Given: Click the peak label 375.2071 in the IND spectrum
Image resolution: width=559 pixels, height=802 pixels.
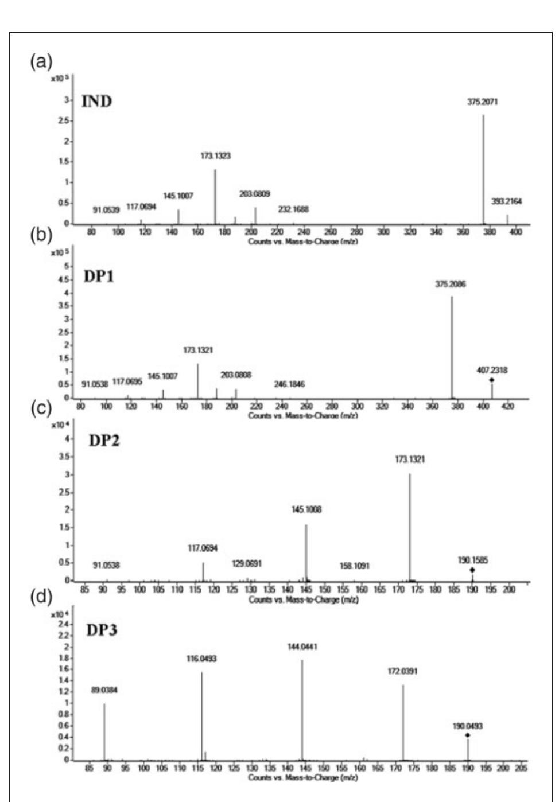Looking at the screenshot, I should (x=483, y=103).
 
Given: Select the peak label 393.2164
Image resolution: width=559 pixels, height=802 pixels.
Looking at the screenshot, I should (x=507, y=202).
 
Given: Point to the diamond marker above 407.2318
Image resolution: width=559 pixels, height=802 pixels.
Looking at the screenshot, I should (x=492, y=380).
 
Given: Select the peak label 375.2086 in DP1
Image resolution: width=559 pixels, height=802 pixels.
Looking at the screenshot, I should (x=451, y=284).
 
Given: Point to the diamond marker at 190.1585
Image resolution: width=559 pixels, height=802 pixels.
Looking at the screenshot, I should (x=472, y=570).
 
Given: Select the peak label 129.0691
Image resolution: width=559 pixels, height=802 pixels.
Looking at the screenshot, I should (x=246, y=564).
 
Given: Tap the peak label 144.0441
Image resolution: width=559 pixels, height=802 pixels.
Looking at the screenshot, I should (x=302, y=647).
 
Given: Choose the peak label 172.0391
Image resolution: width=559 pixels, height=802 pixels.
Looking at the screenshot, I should (x=403, y=671).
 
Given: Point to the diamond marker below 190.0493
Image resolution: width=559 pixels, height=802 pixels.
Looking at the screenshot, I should (x=468, y=735).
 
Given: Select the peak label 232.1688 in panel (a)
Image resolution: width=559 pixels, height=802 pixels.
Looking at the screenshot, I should (x=293, y=209).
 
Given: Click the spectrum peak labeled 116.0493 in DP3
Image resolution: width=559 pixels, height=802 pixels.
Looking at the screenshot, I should (x=202, y=717).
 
